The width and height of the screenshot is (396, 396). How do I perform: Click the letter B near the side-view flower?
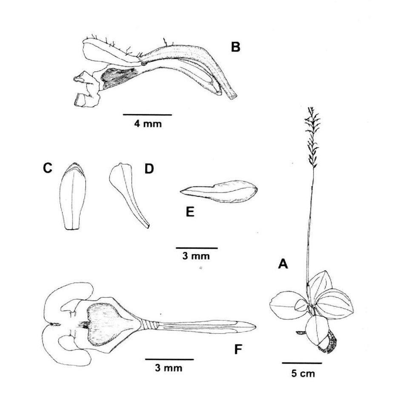pos(235,47)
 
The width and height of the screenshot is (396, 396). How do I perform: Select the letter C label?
pos(47,169)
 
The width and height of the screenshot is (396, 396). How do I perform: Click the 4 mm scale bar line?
pos(147,115)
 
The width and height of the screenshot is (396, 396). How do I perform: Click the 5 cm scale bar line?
pos(301,363)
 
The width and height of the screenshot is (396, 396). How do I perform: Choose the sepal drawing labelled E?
pos(219,192)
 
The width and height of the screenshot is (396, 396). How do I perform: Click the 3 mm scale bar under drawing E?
pos(197,247)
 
